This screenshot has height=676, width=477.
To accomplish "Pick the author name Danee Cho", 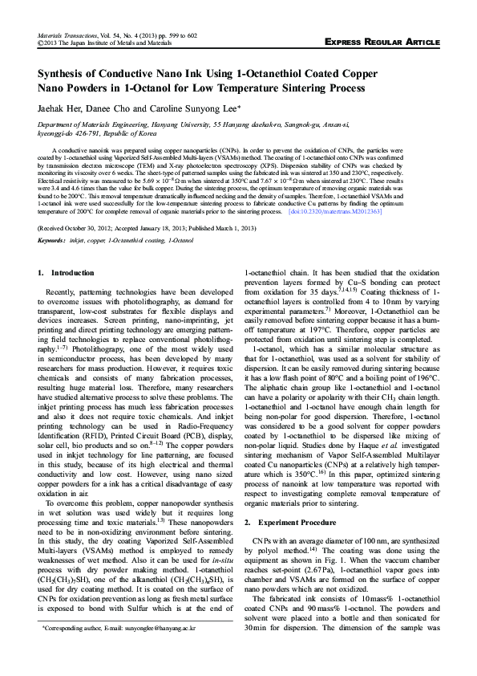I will click(x=108, y=105).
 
